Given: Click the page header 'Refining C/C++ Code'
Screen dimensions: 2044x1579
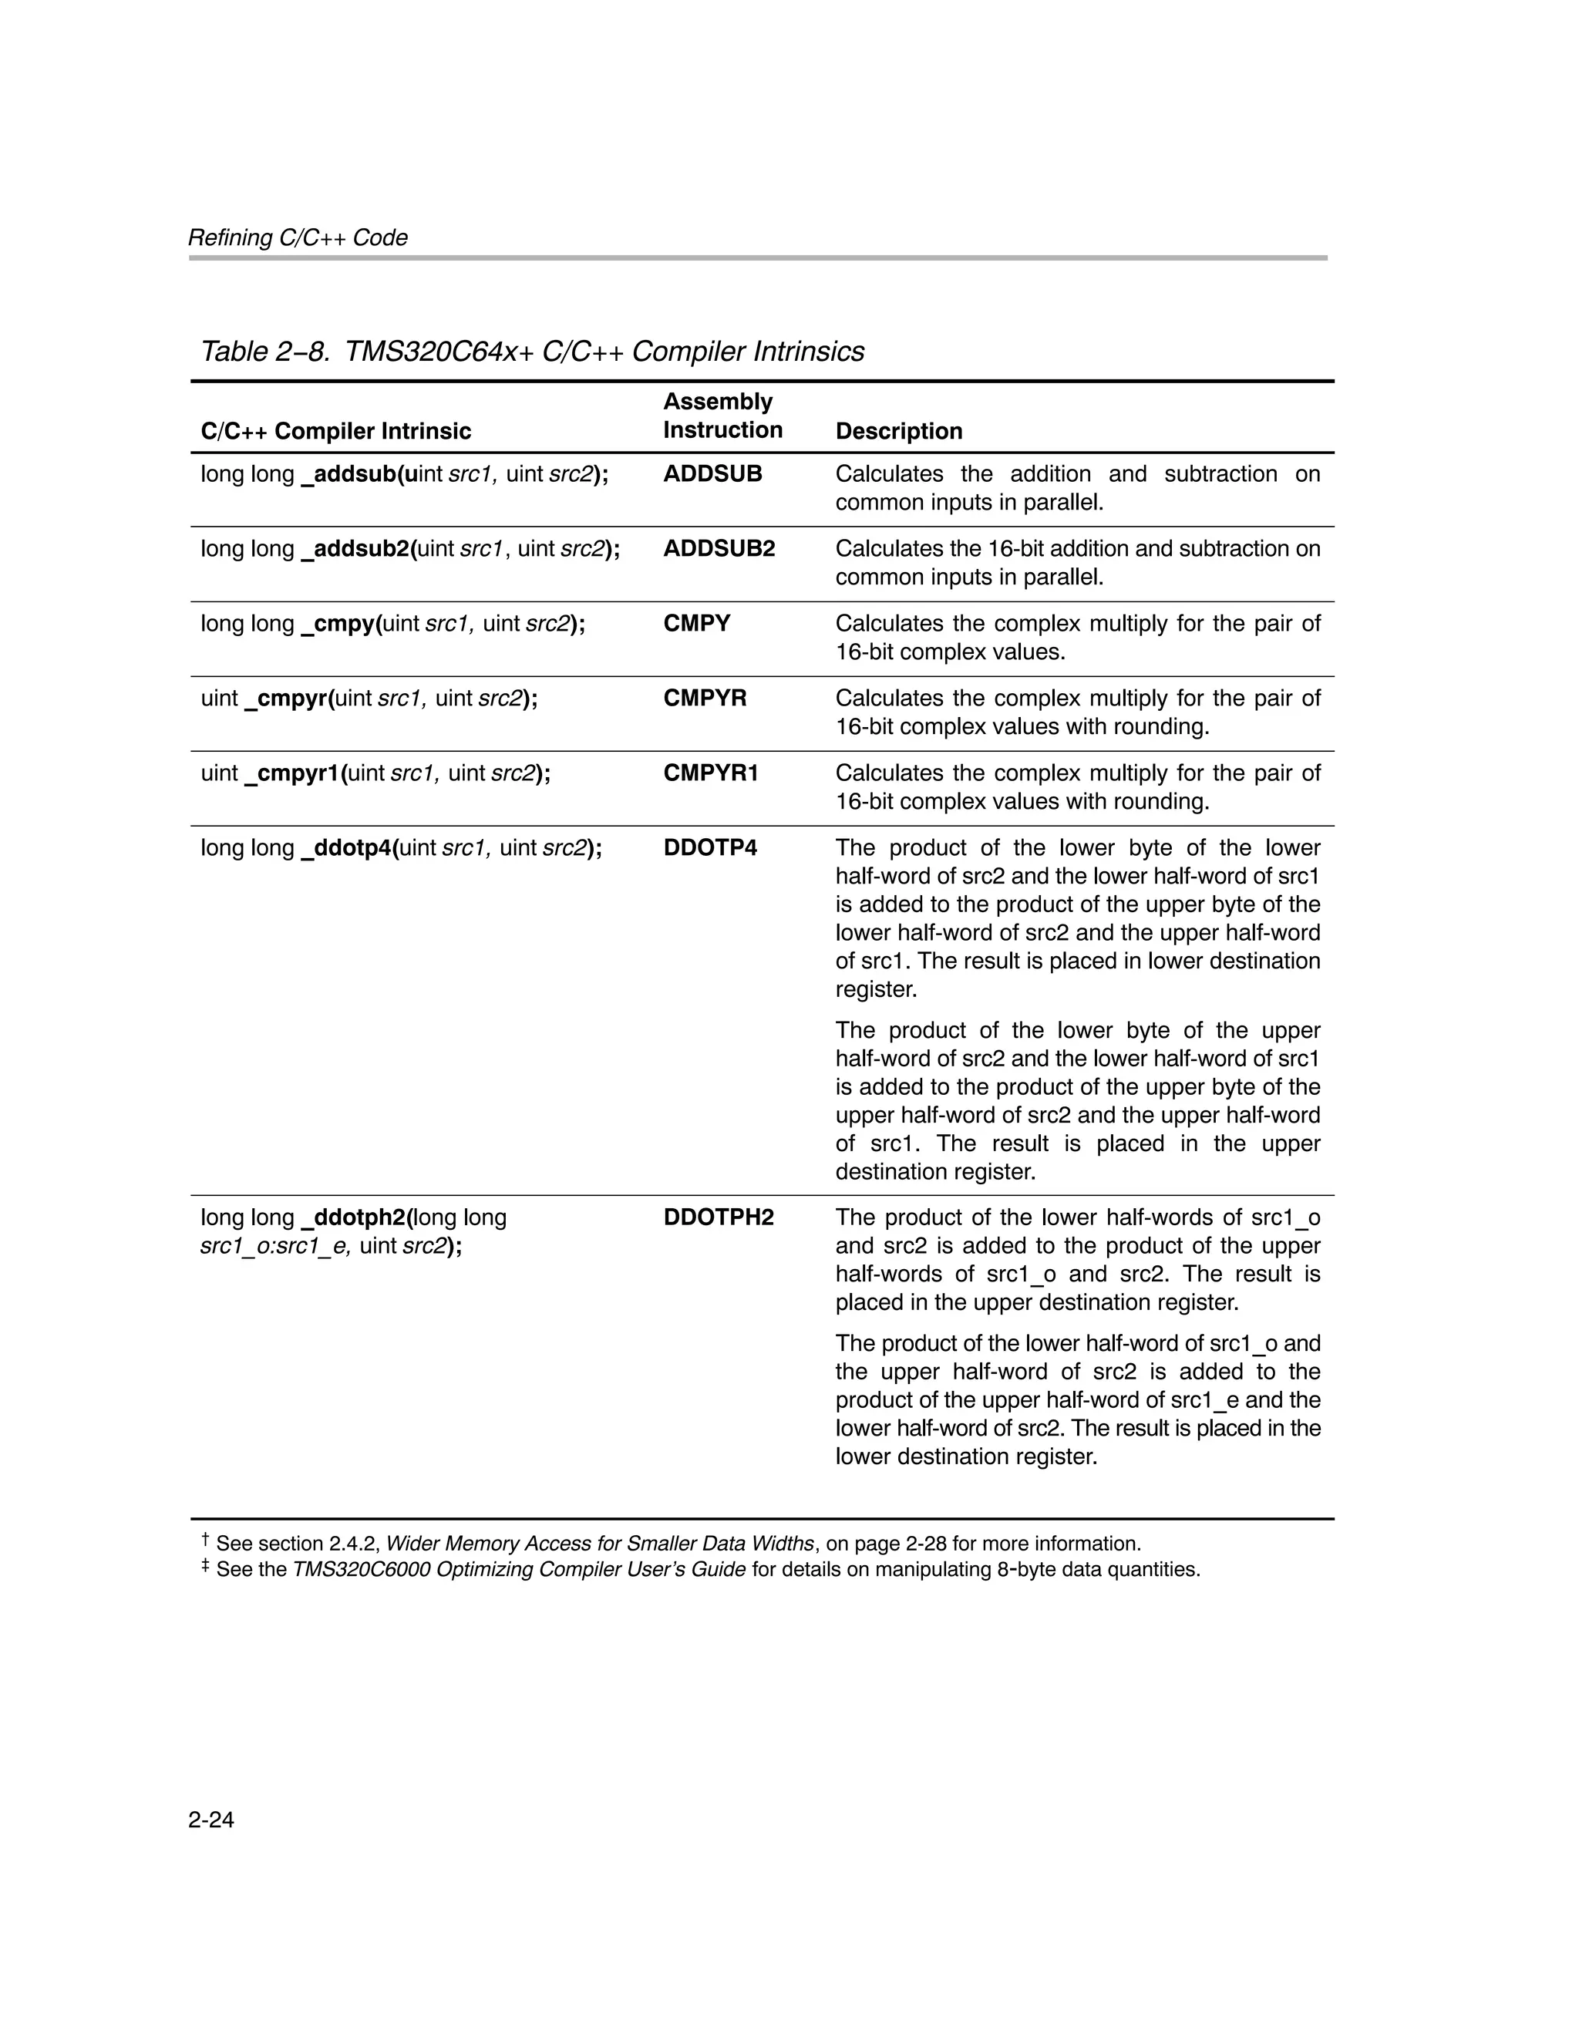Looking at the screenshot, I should [298, 237].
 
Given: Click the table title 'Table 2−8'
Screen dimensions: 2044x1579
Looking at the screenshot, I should [265, 352].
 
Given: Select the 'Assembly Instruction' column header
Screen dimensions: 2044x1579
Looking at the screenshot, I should [722, 416].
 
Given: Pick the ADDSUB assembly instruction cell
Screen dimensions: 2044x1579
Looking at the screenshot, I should [712, 473].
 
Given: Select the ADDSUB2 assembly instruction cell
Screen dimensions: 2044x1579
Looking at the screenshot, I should [719, 548].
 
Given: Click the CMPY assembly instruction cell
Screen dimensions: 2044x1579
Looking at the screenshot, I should [696, 623].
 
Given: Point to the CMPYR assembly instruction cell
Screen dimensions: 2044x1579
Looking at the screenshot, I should [705, 699].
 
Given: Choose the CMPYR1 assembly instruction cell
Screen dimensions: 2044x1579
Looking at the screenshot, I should [710, 773].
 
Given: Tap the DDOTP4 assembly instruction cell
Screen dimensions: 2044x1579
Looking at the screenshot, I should [709, 848].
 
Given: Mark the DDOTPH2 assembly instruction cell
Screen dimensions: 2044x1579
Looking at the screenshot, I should [718, 1217].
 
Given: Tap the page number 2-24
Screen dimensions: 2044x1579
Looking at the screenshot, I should [210, 1820].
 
